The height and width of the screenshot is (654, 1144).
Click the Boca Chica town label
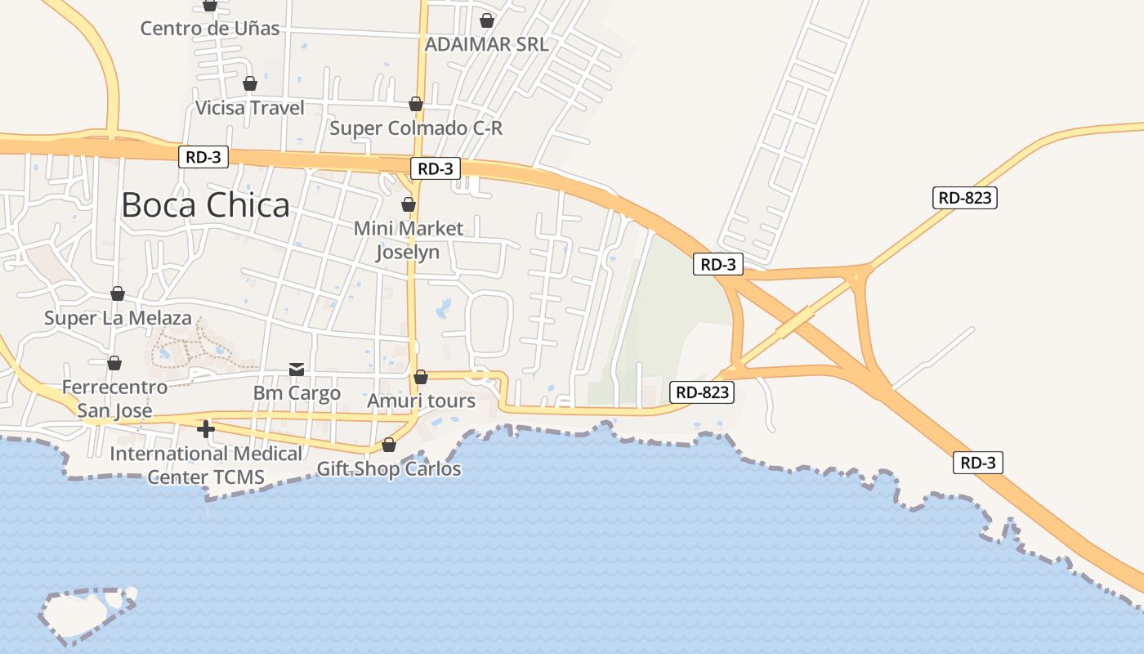(x=205, y=205)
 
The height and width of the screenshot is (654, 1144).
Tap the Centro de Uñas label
(x=210, y=29)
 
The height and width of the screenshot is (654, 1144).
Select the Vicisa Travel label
(x=250, y=108)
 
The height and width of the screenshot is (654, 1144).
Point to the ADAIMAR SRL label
(x=487, y=44)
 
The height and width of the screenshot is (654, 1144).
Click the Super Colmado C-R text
(x=416, y=128)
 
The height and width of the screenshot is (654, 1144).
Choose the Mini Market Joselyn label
(x=408, y=240)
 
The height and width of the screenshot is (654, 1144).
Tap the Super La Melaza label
(x=118, y=318)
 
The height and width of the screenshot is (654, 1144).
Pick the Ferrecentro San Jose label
(x=114, y=398)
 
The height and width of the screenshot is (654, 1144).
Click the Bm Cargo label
(x=297, y=393)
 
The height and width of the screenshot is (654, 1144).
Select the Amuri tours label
(x=421, y=401)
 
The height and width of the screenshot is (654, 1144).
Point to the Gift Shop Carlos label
(x=389, y=469)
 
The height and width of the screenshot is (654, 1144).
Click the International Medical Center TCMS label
(x=206, y=464)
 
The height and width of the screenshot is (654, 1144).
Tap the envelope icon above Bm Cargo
(x=297, y=370)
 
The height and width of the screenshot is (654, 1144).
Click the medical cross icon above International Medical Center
(x=206, y=428)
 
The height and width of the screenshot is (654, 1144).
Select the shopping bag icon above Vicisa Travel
(x=250, y=83)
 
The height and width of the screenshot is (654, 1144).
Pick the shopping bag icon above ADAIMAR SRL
(x=487, y=20)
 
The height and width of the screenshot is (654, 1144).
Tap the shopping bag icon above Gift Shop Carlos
(x=389, y=445)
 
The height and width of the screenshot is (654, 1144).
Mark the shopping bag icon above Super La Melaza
(x=118, y=293)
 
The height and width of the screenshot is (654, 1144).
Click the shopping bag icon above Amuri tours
(x=421, y=377)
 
